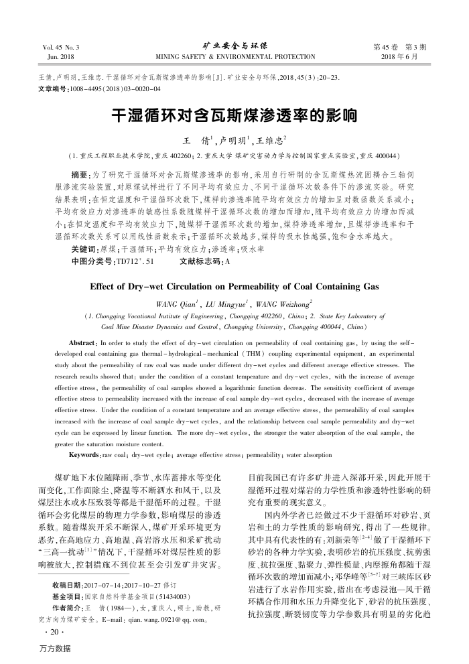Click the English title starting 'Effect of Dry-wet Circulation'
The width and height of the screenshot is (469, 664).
[x=234, y=286]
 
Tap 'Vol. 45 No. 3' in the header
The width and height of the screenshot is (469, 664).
[x=60, y=48]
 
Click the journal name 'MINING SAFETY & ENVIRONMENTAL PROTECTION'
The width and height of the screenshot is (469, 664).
[x=234, y=57]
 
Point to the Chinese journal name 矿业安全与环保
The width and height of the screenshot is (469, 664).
[x=234, y=46]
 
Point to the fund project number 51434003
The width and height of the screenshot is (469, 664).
[x=172, y=596]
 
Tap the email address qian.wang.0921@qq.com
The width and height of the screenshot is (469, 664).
[x=175, y=616]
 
